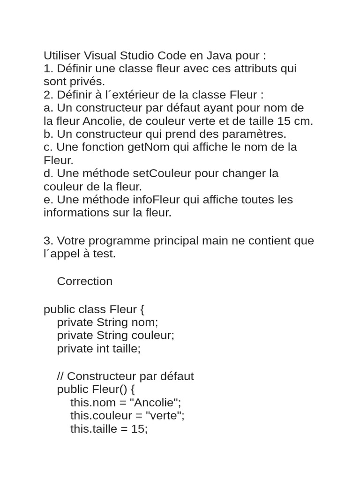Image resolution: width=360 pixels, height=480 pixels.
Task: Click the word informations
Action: click(x=75, y=213)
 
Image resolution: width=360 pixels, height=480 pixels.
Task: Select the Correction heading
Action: click(x=84, y=281)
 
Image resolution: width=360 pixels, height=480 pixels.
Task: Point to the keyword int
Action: click(x=103, y=349)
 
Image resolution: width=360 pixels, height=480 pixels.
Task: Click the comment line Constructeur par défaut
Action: click(x=125, y=376)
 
